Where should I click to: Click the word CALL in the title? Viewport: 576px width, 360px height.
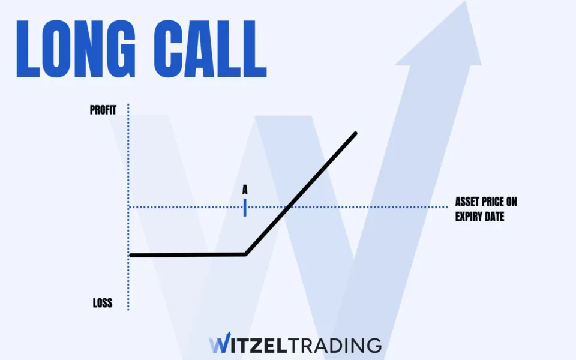(x=207, y=49)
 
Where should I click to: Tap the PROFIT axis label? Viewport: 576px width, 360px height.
(x=103, y=110)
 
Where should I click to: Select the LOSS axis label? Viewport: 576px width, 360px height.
(x=102, y=303)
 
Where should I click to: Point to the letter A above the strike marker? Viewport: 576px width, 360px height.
(x=245, y=189)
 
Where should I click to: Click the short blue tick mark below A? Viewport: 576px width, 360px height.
(x=245, y=207)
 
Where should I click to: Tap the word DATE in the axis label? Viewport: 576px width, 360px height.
(x=496, y=216)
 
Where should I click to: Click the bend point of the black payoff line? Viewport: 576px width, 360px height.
(x=245, y=254)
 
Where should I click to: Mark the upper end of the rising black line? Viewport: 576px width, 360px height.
(x=356, y=133)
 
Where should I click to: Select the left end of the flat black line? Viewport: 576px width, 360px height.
(x=131, y=255)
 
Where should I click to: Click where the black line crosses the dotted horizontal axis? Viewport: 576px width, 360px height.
(x=289, y=208)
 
